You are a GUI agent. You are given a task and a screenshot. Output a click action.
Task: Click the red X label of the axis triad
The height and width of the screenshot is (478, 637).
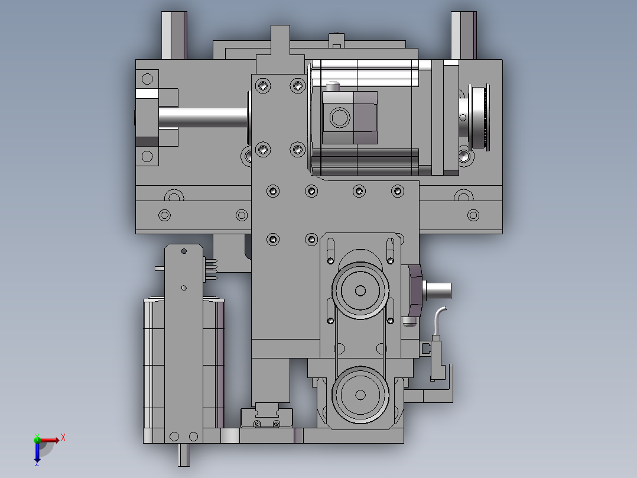pos(63,438)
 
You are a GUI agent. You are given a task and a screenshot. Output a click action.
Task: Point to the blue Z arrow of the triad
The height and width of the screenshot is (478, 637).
pos(37,452)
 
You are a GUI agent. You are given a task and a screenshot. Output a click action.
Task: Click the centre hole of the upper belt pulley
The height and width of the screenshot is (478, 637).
pos(360,290)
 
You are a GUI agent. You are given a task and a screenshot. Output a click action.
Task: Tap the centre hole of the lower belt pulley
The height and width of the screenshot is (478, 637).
pos(360,395)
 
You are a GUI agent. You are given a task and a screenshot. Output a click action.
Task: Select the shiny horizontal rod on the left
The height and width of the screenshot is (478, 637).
pos(203,118)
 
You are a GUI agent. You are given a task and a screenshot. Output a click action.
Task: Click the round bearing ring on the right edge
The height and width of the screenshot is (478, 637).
pos(479,117)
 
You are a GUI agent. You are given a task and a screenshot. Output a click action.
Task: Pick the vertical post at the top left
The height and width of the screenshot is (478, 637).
pos(174,35)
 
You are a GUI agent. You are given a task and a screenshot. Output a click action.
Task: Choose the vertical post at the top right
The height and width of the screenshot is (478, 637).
pos(463,35)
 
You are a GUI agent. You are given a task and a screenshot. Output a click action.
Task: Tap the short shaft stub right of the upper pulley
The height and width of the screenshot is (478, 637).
pos(437,290)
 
